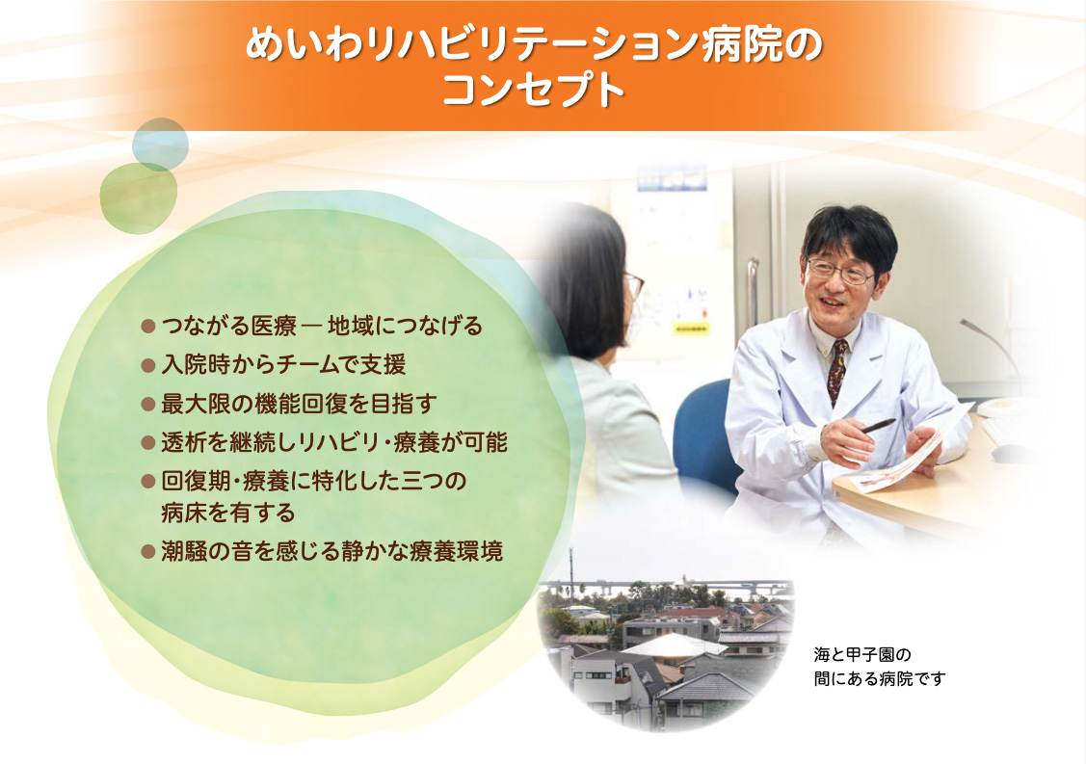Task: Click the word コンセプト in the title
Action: [x=533, y=90]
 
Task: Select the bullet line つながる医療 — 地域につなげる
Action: [x=322, y=326]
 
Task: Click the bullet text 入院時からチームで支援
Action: [x=283, y=364]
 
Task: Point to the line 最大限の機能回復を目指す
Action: [x=299, y=403]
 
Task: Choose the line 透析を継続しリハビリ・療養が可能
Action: [x=334, y=442]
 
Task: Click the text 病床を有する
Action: [x=227, y=513]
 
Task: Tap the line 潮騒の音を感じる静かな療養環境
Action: [x=331, y=551]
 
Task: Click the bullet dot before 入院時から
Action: [x=147, y=365]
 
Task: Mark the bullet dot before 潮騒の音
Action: [x=147, y=552]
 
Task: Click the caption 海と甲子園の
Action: [x=862, y=654]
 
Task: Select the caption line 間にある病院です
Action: [x=880, y=679]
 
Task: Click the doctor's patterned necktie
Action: [x=837, y=371]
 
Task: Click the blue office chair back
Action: [x=703, y=433]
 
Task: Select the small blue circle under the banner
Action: [x=160, y=145]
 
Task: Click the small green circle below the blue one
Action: [x=139, y=198]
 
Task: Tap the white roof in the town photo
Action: [x=674, y=645]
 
